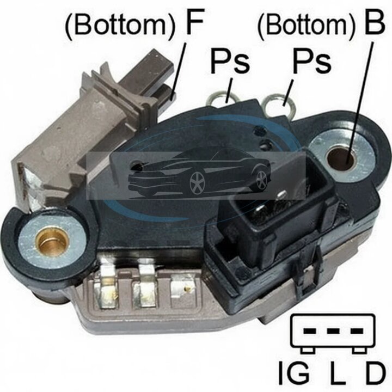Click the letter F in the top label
194,22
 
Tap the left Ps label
230,61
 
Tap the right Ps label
312,61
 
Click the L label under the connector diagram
337,373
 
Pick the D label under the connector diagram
374,373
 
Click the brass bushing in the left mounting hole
53,241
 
